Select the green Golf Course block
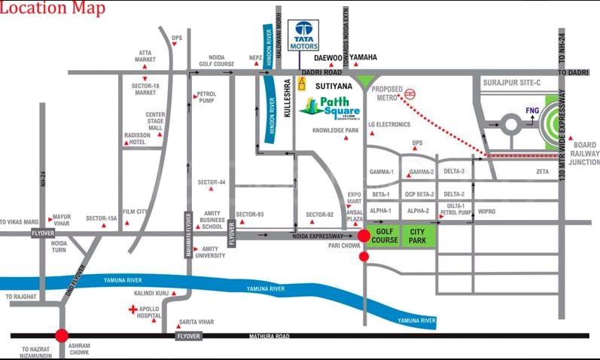pyautogui.click(x=384, y=236)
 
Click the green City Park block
pyautogui.click(x=418, y=236)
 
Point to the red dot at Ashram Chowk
pyautogui.click(x=62, y=336)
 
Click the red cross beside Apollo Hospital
pyautogui.click(x=133, y=310)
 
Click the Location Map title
pyautogui.click(x=53, y=9)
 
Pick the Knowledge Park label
pyautogui.click(x=336, y=130)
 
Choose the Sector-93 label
pyautogui.click(x=249, y=215)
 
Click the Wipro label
pyautogui.click(x=486, y=212)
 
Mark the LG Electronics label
pyautogui.click(x=389, y=124)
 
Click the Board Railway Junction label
pyautogui.click(x=584, y=154)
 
